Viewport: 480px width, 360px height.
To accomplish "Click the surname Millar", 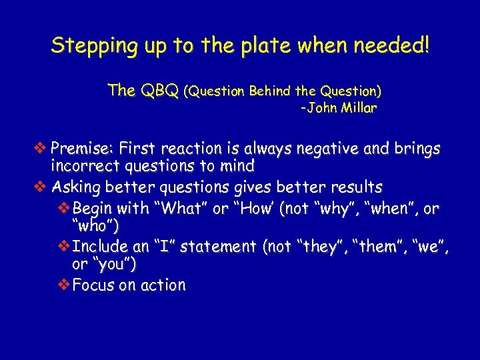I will click(x=359, y=109).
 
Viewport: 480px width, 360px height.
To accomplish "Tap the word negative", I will click(x=317, y=148).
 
